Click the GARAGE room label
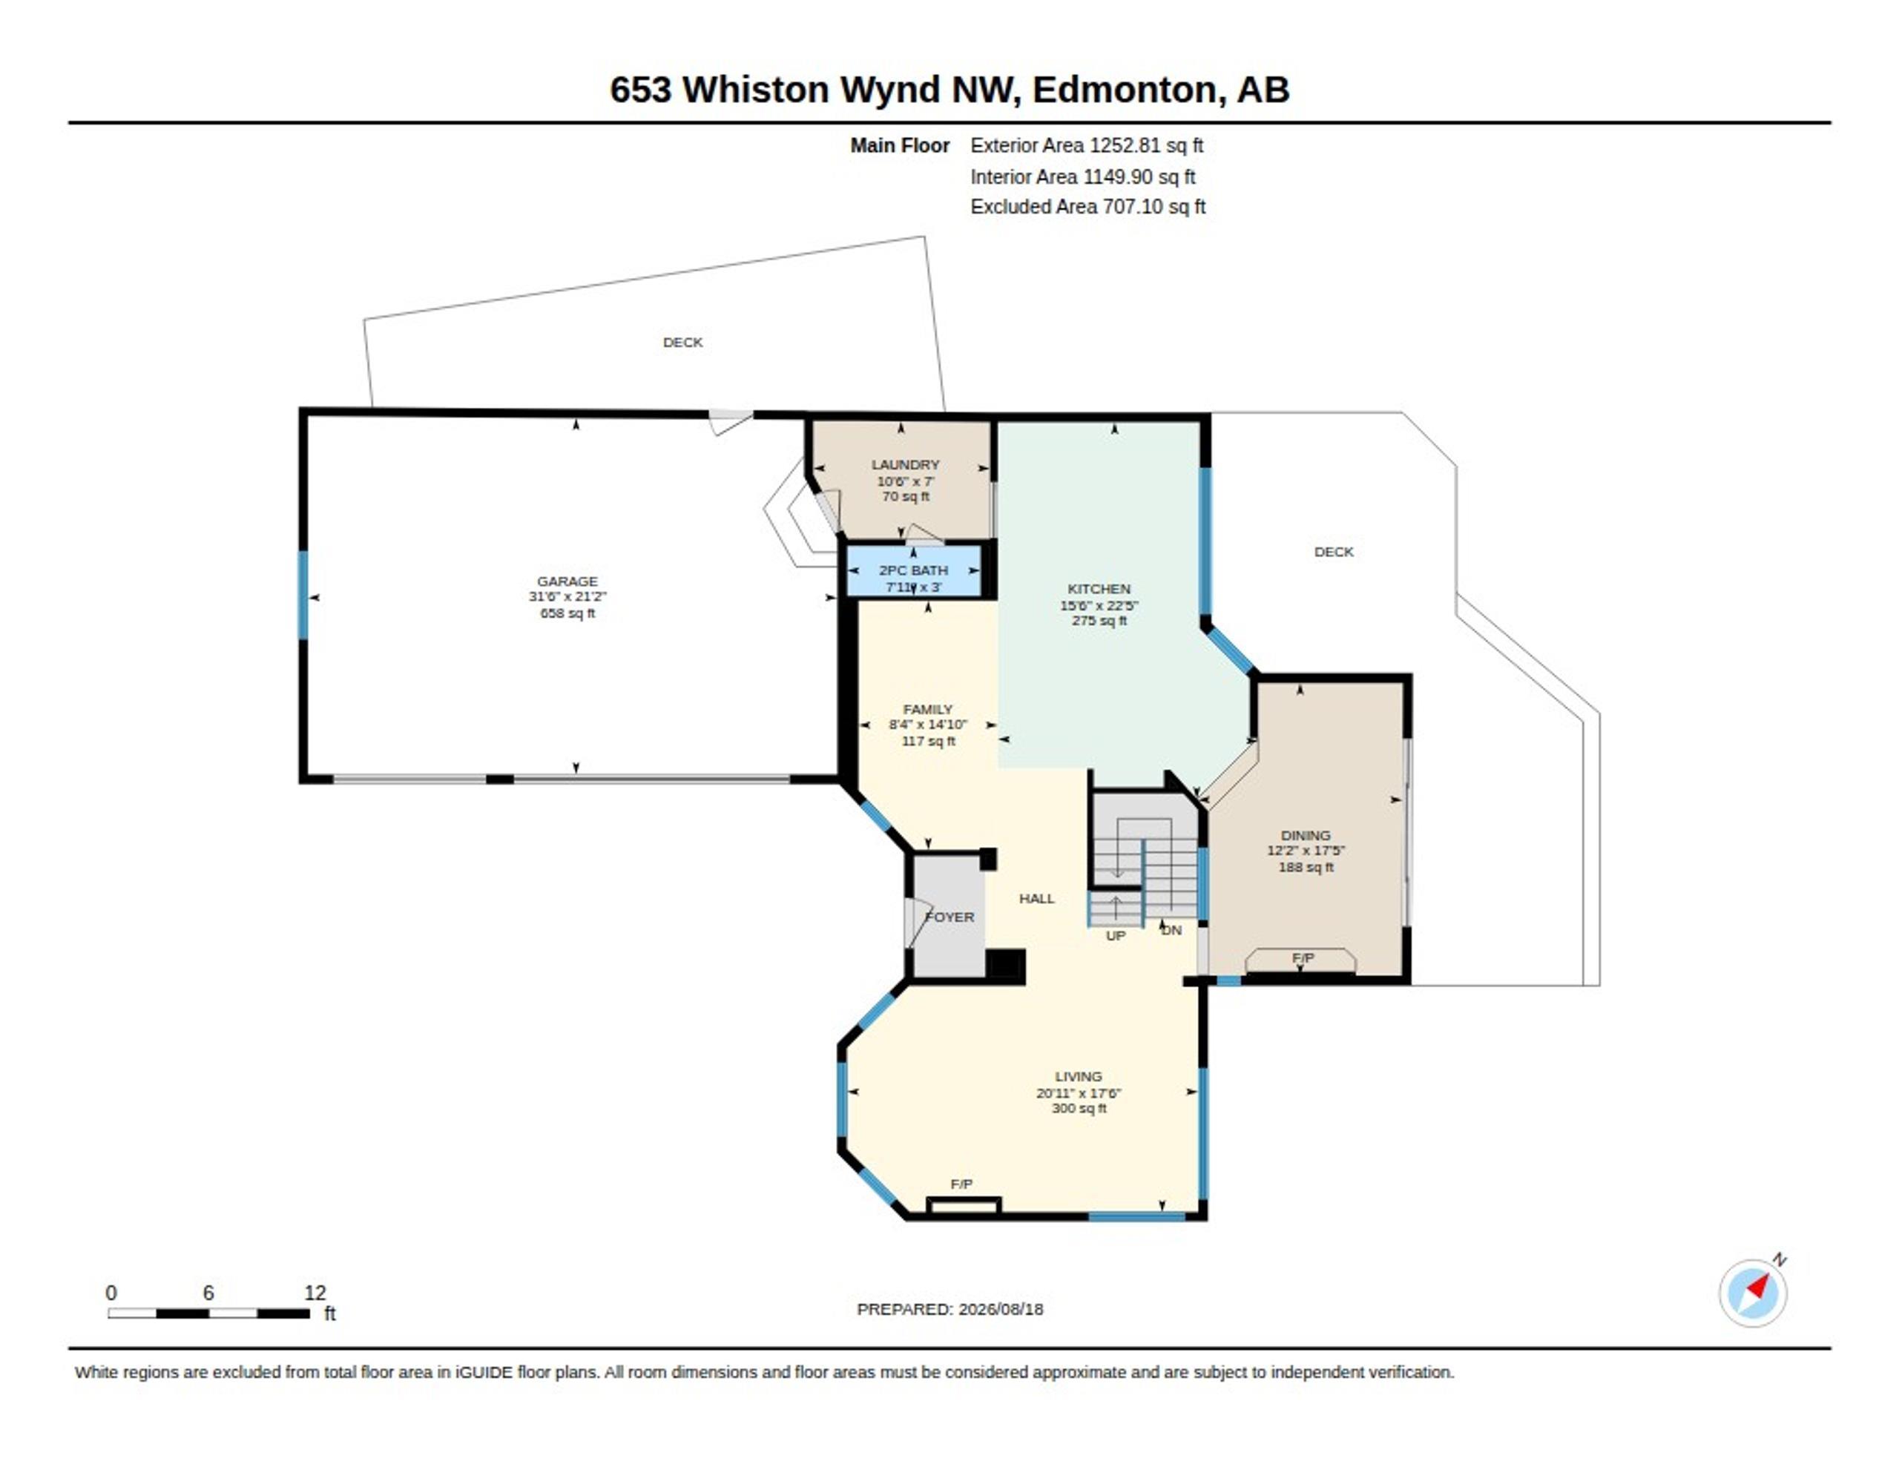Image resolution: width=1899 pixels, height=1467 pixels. coord(567,581)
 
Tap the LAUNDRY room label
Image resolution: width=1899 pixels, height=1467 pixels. coord(905,464)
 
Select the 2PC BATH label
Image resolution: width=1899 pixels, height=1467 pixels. coord(913,570)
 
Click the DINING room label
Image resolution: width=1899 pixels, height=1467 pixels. coord(1305,835)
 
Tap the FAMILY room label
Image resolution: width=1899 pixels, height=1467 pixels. coord(928,709)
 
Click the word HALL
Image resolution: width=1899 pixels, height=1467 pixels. coord(1036,898)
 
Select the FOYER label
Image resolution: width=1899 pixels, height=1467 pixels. coord(949,917)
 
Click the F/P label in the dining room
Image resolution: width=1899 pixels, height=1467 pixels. coord(1303,957)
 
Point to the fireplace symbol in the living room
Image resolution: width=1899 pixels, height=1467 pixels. coord(964,1204)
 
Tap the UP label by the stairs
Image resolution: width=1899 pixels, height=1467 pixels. coord(1116,936)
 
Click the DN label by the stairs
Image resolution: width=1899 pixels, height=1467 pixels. coord(1172,929)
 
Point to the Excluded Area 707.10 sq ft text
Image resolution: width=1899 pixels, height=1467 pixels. coord(1087,207)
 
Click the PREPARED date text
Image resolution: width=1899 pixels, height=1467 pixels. coord(949,1309)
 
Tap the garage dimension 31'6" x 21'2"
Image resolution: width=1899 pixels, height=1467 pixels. coord(567,596)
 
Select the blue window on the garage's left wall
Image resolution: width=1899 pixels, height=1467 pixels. coord(303,595)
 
